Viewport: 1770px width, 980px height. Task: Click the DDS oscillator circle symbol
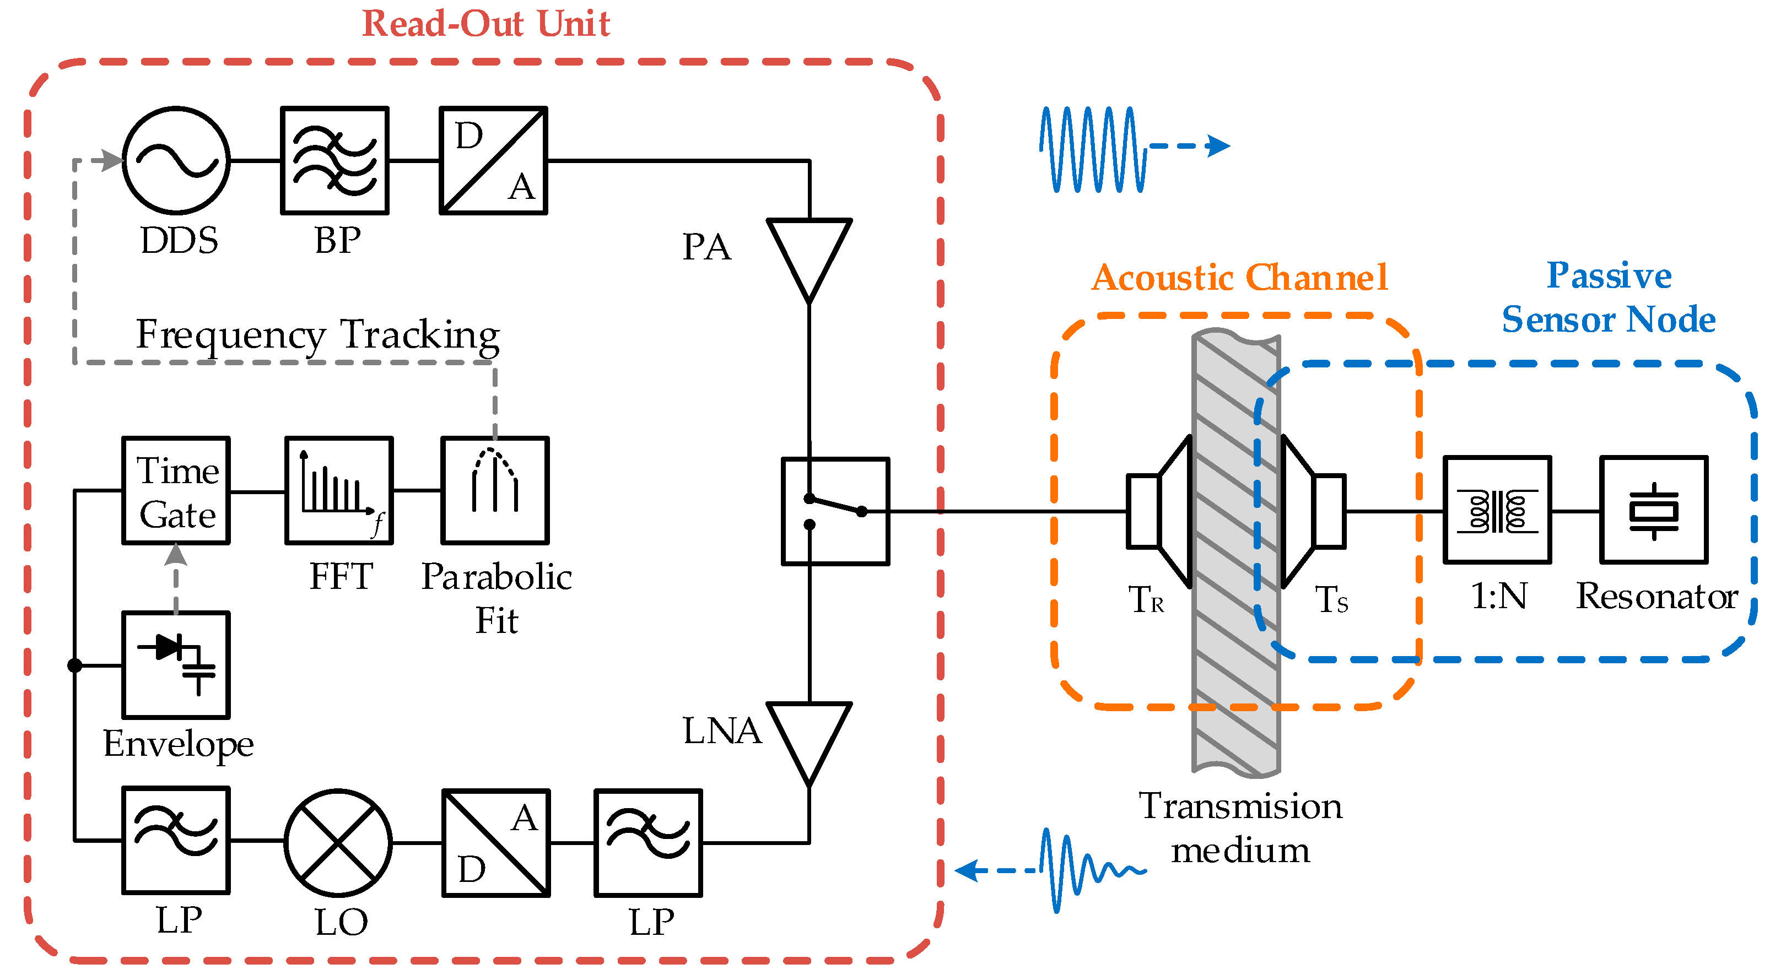click(176, 161)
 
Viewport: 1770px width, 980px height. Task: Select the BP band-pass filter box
click(334, 161)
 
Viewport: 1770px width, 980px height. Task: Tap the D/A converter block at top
click(493, 161)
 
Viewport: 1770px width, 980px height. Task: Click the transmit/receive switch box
click(835, 512)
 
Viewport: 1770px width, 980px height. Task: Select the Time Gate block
click(176, 491)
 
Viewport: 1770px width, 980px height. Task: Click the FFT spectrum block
click(339, 491)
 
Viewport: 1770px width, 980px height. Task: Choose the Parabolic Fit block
click(495, 491)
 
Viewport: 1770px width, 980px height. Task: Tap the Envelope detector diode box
click(176, 665)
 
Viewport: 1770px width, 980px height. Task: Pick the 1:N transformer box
click(1497, 510)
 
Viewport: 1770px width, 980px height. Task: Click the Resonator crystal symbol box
click(1654, 510)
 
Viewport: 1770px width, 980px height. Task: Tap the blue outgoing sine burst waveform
click(1093, 150)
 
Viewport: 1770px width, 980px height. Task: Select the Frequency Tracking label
click(317, 335)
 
